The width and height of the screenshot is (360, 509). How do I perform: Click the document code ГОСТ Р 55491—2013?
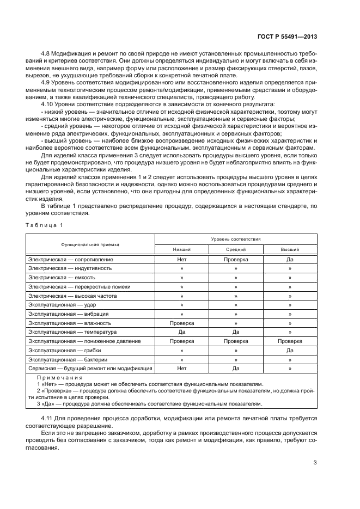[x=288, y=36]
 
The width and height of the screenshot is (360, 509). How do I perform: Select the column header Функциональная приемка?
[x=90, y=244]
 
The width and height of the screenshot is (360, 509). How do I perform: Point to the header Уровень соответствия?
[x=236, y=239]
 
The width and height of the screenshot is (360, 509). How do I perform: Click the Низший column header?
[x=182, y=249]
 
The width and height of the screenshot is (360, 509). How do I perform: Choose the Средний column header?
[x=236, y=249]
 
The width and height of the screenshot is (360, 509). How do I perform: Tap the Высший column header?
[x=290, y=249]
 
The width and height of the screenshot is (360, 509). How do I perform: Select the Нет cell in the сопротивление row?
[x=182, y=260]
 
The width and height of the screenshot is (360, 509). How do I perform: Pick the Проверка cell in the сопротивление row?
[x=236, y=260]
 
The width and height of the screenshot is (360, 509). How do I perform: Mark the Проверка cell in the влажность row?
[x=182, y=323]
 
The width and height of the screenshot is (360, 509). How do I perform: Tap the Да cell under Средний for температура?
[x=236, y=332]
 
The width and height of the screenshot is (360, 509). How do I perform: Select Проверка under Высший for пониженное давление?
[x=290, y=341]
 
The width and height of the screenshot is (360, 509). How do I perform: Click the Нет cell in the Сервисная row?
[x=182, y=369]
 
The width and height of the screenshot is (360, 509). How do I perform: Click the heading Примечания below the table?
[x=59, y=377]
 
